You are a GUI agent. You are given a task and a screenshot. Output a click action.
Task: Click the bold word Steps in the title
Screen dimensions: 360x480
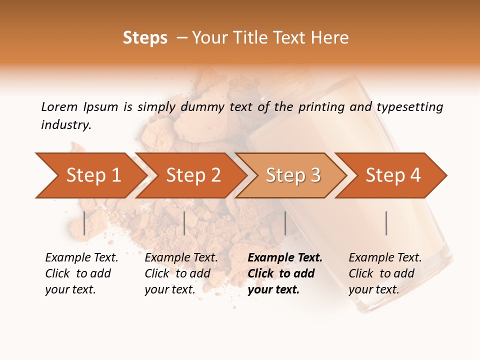point(145,38)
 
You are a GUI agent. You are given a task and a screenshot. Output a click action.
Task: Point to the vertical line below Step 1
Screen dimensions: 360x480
point(84,223)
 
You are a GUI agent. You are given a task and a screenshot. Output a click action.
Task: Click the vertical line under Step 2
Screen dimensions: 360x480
point(184,223)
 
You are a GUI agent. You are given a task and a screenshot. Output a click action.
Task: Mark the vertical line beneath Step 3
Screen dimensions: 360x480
point(285,223)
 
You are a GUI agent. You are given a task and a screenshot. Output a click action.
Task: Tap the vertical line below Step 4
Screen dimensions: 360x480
point(386,223)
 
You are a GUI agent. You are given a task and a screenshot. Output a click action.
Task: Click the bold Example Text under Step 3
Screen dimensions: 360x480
point(285,273)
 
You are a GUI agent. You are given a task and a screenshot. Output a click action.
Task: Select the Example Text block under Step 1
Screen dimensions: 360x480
point(81,273)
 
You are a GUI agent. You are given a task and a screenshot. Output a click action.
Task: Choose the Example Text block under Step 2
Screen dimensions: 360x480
point(181,273)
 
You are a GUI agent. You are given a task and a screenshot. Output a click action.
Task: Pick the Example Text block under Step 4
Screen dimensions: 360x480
point(385,273)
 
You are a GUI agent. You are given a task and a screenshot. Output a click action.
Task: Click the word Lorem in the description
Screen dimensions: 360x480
point(59,107)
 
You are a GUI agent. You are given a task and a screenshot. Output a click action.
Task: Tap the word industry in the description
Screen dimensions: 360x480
point(65,125)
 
